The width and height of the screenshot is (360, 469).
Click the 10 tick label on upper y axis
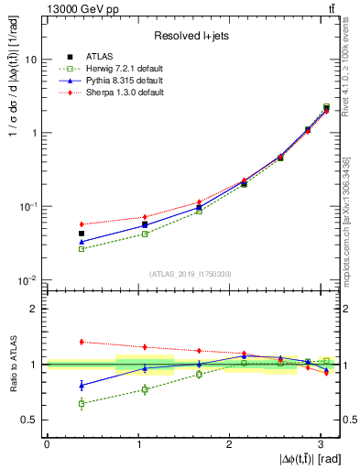(31, 59)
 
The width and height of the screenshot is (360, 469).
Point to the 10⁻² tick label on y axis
(28, 279)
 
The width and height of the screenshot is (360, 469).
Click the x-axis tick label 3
(320, 444)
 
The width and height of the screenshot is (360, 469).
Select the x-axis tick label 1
(137, 444)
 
